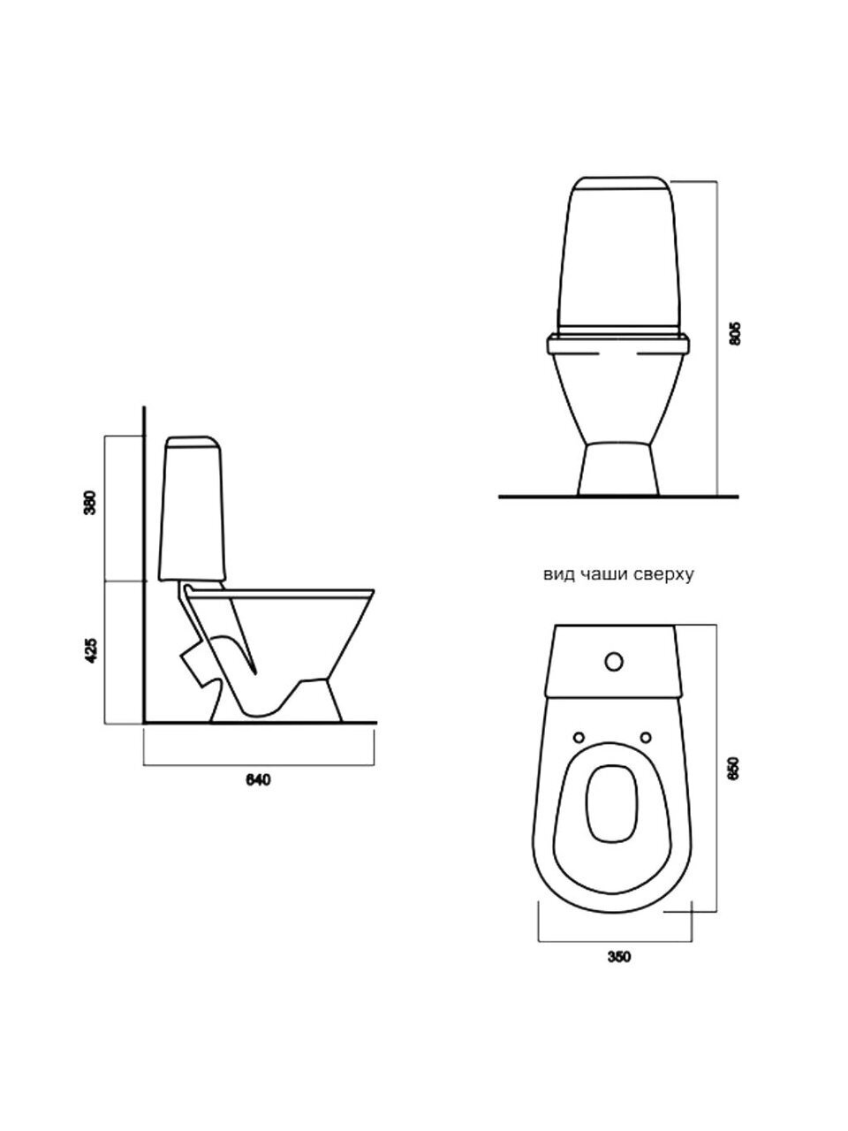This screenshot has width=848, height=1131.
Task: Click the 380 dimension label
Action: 91,503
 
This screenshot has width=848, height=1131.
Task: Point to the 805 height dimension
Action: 736,333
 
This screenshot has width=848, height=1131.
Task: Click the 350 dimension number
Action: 618,957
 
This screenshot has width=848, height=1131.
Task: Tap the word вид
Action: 558,575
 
